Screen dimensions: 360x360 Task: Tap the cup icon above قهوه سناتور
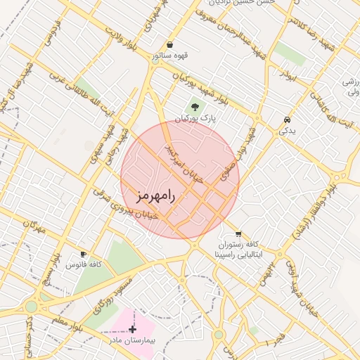169,44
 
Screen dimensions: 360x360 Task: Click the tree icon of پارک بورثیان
195,108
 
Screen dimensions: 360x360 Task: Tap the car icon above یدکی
287,120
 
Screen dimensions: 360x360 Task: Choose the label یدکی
288,130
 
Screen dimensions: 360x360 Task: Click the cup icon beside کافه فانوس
84,254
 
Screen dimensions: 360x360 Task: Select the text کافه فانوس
84,264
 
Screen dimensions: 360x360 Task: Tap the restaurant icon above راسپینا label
238,233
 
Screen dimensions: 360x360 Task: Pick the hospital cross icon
133,328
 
